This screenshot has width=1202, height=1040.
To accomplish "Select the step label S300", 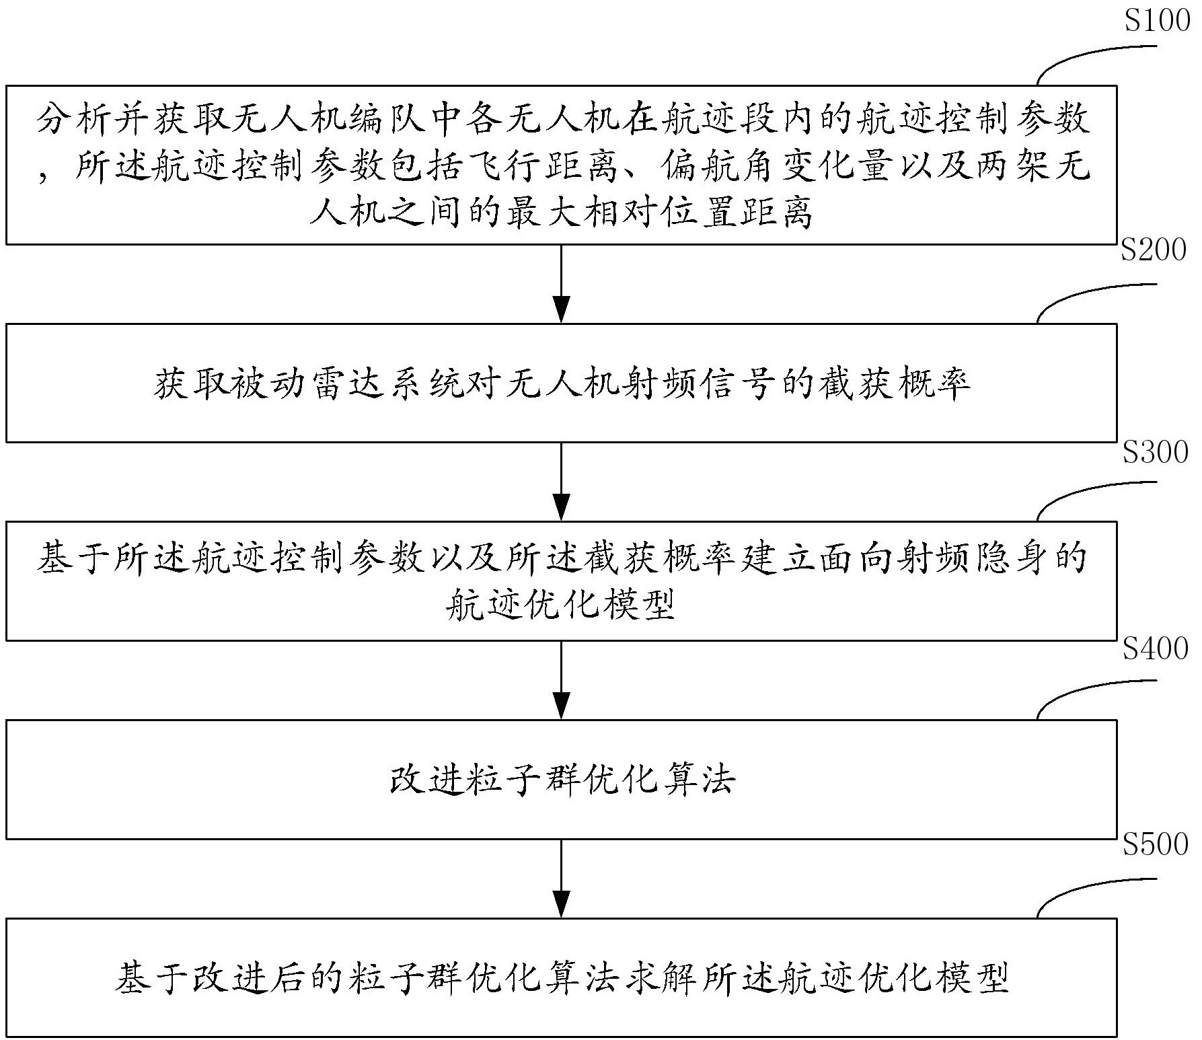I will tap(1156, 452).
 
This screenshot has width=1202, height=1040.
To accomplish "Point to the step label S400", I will tap(1156, 648).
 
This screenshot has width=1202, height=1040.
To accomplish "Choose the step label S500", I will tap(1156, 844).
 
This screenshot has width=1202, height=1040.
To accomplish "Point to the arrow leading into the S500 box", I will tap(561, 877).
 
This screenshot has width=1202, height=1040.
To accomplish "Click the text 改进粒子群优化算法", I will tap(562, 780).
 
